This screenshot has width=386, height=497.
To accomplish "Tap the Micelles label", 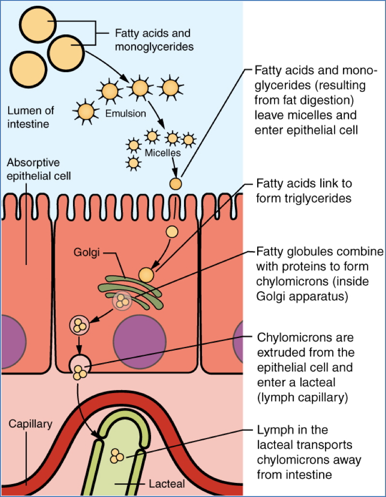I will pos(163,153).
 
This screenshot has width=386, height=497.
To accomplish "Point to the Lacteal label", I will pos(167,482).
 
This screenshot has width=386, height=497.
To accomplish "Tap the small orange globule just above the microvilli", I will pos(176,184).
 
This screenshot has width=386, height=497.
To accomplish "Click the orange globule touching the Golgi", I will pos(146,275).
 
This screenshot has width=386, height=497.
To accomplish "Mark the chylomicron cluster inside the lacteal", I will pos(117,456).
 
